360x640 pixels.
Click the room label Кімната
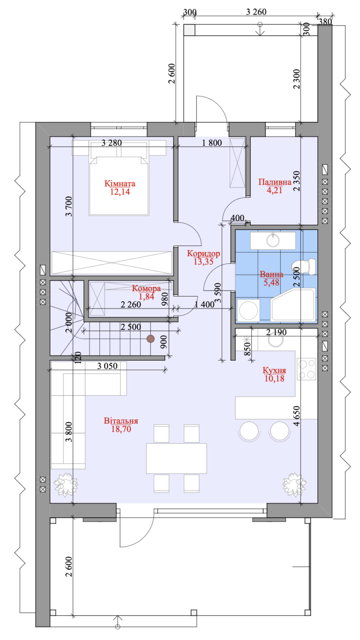(x=120, y=184)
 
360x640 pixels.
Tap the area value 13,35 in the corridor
(x=203, y=262)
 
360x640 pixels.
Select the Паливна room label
(x=275, y=182)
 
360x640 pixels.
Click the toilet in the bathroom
(x=304, y=266)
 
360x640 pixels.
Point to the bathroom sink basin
(x=273, y=240)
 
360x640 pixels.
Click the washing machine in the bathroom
(x=248, y=311)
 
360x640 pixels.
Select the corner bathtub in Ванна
(x=293, y=305)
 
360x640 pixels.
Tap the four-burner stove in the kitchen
(x=307, y=369)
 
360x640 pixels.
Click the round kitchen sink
(x=276, y=340)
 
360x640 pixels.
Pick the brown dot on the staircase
(x=150, y=339)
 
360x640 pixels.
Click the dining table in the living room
(x=176, y=458)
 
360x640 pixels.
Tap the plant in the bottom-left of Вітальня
(x=66, y=484)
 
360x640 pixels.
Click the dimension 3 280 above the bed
(x=112, y=142)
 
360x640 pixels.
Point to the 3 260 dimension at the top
(x=256, y=12)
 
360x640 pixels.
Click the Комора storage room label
(x=146, y=288)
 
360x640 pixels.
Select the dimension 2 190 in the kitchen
(x=276, y=332)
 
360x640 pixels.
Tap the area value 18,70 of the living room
(x=121, y=429)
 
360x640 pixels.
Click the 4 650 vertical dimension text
(x=297, y=416)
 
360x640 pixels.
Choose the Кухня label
(x=274, y=370)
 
